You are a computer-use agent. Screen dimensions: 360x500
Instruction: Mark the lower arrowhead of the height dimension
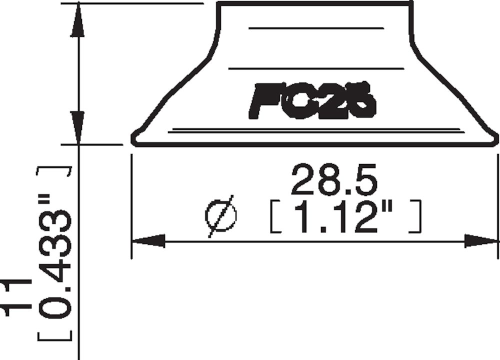coord(76,127)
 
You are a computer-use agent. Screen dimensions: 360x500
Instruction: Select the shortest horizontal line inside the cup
coord(316,28)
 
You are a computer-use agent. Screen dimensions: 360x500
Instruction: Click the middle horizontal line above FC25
coord(315,67)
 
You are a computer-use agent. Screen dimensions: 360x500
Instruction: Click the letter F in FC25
coord(262,101)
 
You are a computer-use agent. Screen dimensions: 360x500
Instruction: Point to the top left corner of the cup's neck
coord(219,4)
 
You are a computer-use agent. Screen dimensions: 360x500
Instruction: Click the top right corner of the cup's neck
coord(411,4)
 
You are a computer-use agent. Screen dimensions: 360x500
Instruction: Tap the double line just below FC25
coord(315,130)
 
